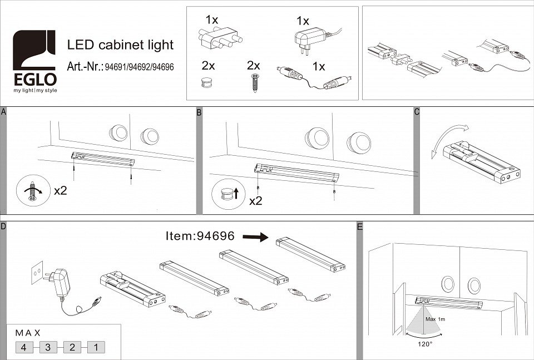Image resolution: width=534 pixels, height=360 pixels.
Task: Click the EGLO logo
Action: pos(34,61)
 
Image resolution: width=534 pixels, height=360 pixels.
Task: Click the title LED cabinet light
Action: pos(120,45)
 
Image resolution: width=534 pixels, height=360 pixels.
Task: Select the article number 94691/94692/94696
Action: pos(139,67)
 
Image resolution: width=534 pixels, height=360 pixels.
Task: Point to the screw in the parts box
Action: pos(255,83)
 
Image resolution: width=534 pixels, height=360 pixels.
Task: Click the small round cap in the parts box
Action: pos(207,82)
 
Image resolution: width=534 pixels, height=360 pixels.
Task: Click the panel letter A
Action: pos(3,112)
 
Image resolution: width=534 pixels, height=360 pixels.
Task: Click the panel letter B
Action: pos(199,112)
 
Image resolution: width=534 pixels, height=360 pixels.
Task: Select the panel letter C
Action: pos(417,112)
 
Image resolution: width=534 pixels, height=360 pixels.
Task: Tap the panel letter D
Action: pos(3,226)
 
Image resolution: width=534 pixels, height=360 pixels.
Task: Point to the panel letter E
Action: pos(360,226)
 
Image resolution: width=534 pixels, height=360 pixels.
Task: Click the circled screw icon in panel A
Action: pos(33,190)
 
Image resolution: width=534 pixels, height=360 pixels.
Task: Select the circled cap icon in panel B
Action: pos(228,194)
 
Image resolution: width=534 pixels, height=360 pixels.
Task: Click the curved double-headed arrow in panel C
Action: pos(449,141)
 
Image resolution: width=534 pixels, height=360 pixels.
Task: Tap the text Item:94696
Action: pos(200,236)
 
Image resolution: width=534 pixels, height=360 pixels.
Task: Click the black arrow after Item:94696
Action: pos(255,236)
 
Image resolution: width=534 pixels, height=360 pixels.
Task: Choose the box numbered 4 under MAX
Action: pos(24,347)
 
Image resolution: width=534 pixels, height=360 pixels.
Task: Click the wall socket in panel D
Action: pos(37,272)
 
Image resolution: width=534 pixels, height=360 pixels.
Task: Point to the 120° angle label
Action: pos(424,344)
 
